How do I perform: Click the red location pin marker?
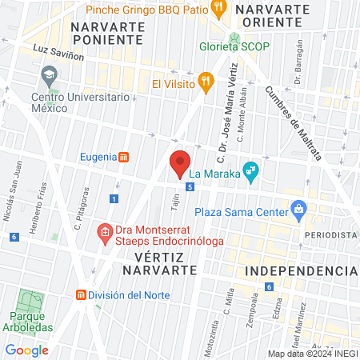tap(180, 163)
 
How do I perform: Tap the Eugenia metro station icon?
tap(123, 158)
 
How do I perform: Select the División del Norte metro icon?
tap(81, 295)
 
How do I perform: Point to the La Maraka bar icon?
tap(250, 170)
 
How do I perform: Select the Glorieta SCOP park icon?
tap(234, 39)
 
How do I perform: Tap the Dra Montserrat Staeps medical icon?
tap(104, 234)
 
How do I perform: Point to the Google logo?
tap(26, 350)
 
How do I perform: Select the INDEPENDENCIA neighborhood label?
tap(300, 271)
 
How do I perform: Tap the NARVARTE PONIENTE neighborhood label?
tap(107, 33)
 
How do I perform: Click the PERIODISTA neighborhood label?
tap(330, 234)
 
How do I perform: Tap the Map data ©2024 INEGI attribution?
tap(312, 354)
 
